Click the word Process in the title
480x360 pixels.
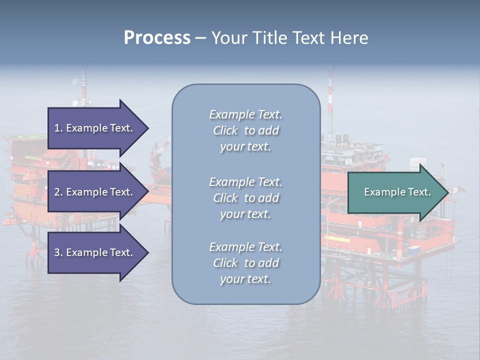157,38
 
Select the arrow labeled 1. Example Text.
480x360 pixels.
95,128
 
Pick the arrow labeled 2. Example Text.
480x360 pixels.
95,192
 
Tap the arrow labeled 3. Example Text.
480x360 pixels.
95,252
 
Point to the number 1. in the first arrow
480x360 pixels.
58,128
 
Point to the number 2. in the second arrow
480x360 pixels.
58,192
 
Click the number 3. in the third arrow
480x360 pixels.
58,252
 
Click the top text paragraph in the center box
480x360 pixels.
245,130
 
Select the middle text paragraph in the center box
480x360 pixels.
245,198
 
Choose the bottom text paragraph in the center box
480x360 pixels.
245,263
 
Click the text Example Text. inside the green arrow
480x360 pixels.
397,192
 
